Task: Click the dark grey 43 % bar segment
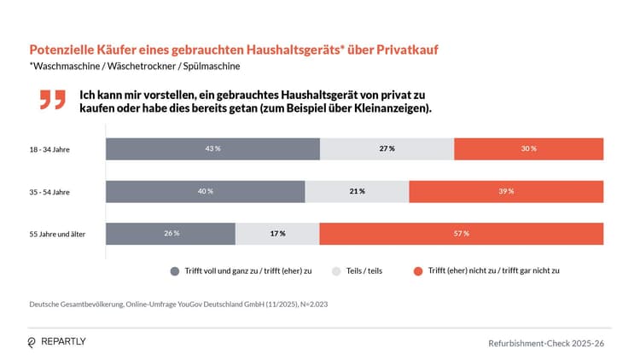(x=212, y=148)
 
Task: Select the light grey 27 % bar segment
(x=387, y=148)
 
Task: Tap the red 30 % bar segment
(x=528, y=148)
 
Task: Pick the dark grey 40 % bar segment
(x=205, y=191)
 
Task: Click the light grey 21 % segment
(x=357, y=191)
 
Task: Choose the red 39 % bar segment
(x=506, y=191)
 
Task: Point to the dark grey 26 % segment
(x=170, y=234)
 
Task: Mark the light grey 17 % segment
(x=277, y=234)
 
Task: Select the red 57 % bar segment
(x=461, y=234)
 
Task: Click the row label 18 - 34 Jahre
(x=49, y=149)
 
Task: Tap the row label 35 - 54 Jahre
(x=49, y=192)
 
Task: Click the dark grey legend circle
(x=175, y=270)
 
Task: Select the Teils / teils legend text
(x=366, y=270)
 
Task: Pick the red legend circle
(x=418, y=270)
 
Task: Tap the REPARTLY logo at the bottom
(x=56, y=341)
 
